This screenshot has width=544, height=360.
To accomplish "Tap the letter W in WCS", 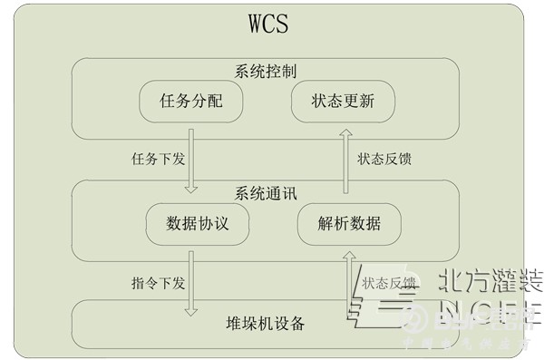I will point(254,24).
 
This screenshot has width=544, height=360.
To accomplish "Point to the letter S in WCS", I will point(282,24).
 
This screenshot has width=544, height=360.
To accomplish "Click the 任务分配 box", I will point(193,102).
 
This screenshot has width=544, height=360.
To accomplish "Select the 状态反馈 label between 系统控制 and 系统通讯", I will point(384,160).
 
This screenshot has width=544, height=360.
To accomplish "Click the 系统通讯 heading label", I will point(267,192).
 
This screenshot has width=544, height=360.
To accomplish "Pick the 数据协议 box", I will point(198,223).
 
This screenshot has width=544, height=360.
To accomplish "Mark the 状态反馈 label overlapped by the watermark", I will point(389,282).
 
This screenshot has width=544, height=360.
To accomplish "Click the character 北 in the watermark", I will point(451,280).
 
